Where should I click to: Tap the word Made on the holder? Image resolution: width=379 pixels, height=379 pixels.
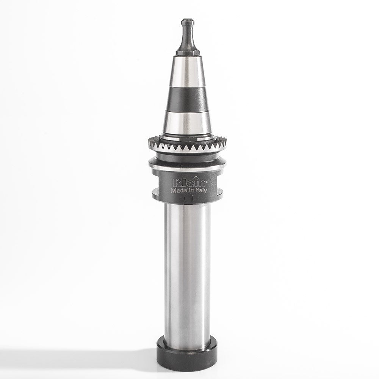click(179, 190)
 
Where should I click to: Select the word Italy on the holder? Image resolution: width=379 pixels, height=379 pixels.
click(200, 191)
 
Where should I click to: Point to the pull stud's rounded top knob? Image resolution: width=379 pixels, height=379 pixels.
click(188, 22)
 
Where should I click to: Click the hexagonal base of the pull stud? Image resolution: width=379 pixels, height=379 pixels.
click(188, 53)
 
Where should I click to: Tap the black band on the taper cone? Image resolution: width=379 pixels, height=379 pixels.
click(188, 100)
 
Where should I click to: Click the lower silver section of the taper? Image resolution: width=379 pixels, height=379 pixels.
click(188, 123)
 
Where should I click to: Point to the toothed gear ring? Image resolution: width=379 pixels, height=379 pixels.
click(188, 146)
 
